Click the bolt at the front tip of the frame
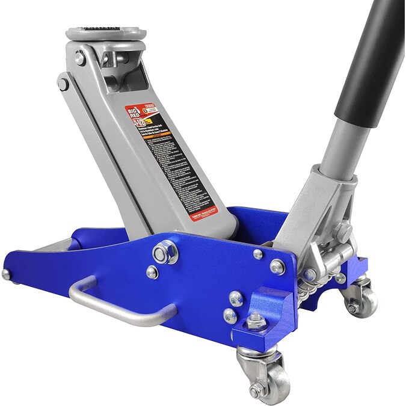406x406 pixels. click(6, 274)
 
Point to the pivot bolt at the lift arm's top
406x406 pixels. click(80, 58)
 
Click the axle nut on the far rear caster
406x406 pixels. click(354, 308)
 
